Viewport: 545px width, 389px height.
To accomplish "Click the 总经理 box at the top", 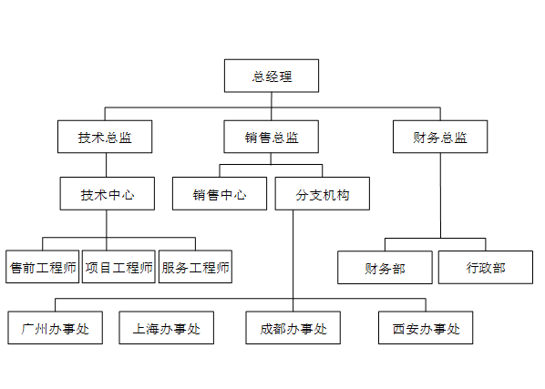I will click(272, 76).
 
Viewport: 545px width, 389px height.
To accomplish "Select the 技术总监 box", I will click(105, 138).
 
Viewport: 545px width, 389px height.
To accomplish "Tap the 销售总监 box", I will click(272, 138).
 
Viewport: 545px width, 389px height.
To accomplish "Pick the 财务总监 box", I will click(440, 138).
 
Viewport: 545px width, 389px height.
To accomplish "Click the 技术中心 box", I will click(107, 194).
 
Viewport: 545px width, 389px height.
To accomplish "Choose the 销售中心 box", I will click(220, 194).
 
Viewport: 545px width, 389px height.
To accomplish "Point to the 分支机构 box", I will click(322, 194).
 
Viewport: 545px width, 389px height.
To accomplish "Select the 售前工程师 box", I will click(42, 267).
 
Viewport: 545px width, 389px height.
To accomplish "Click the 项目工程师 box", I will click(118, 267).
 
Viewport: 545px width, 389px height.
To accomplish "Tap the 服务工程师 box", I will click(195, 267).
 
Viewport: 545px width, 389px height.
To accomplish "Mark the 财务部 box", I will click(385, 268).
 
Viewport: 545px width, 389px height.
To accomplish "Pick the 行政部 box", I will click(486, 268).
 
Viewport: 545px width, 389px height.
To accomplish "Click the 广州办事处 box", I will click(55, 328).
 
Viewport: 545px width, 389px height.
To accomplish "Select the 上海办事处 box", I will click(166, 328).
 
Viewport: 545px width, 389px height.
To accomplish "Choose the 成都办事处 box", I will click(293, 328).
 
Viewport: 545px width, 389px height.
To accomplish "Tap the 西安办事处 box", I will click(426, 328).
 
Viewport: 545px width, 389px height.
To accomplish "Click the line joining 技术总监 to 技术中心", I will click(107, 165).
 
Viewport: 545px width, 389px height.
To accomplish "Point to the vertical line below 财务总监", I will click(441, 196).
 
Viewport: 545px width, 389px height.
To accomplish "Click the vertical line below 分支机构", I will click(293, 255).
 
